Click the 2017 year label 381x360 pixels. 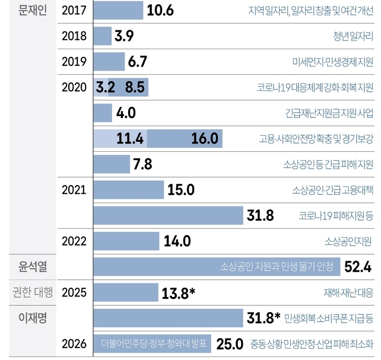74,11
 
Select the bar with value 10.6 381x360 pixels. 119,11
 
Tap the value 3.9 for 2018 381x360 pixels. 124,36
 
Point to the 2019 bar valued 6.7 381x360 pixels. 110,62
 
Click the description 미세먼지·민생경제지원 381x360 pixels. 333,62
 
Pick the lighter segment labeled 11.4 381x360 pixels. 120,139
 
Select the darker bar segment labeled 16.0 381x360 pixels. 185,139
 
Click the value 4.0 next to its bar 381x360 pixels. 126,113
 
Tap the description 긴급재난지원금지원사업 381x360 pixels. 329,113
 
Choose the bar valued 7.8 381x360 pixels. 112,164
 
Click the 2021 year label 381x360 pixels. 74,190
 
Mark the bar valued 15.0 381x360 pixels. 129,190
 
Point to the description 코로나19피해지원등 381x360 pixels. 336,215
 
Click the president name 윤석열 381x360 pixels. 33,266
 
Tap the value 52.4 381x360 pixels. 358,266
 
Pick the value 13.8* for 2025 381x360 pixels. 178,292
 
